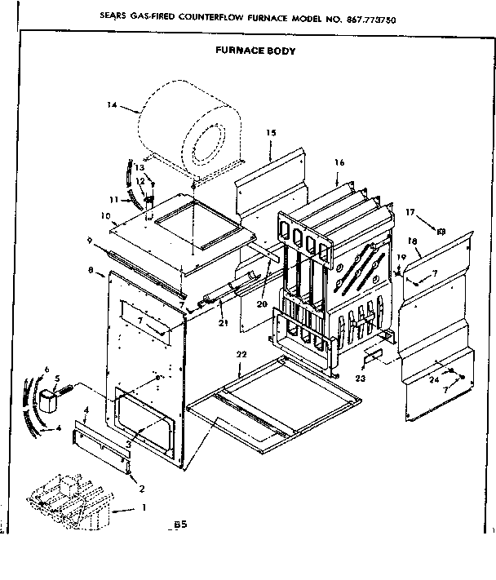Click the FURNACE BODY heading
tap(255, 50)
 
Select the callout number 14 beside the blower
tap(113, 104)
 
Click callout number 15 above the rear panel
tap(271, 132)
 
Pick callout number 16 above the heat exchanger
tap(361, 162)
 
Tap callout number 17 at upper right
tap(410, 212)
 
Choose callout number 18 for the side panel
tap(413, 241)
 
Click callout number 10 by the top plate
tap(106, 215)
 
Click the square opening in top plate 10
tap(192, 216)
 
